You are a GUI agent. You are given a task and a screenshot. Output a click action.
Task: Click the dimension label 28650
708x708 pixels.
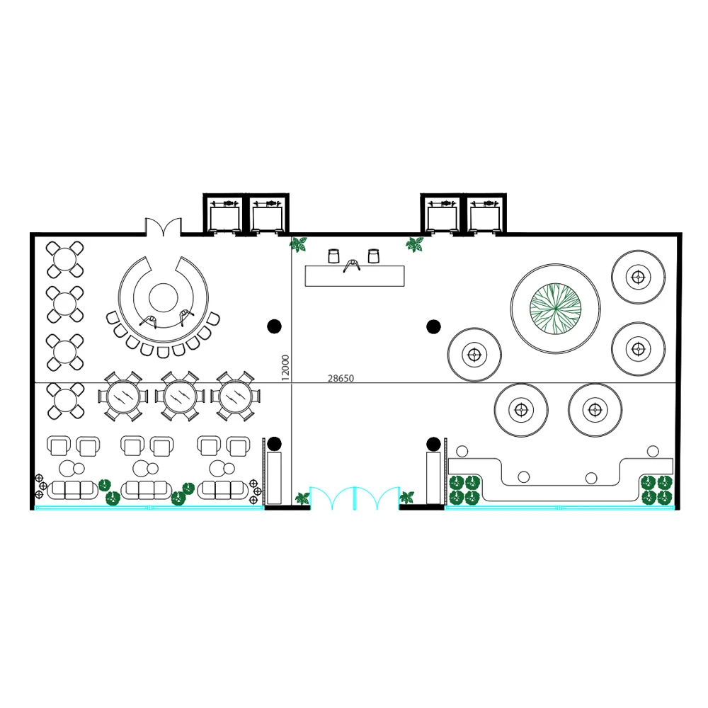pos(341,378)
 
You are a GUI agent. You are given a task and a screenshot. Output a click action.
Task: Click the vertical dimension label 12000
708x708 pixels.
pos(285,367)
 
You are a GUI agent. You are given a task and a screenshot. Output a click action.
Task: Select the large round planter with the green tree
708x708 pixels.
pos(555,309)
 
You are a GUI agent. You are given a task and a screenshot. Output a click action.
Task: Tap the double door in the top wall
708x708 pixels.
pos(163,227)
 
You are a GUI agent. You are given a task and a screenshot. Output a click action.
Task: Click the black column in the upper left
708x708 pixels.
pos(274,326)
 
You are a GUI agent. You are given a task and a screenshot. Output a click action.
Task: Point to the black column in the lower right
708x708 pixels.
pos(433,445)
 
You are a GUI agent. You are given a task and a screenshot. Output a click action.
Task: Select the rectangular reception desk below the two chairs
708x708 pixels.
pos(355,276)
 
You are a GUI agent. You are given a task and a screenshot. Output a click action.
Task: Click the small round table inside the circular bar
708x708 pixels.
pos(164,298)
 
